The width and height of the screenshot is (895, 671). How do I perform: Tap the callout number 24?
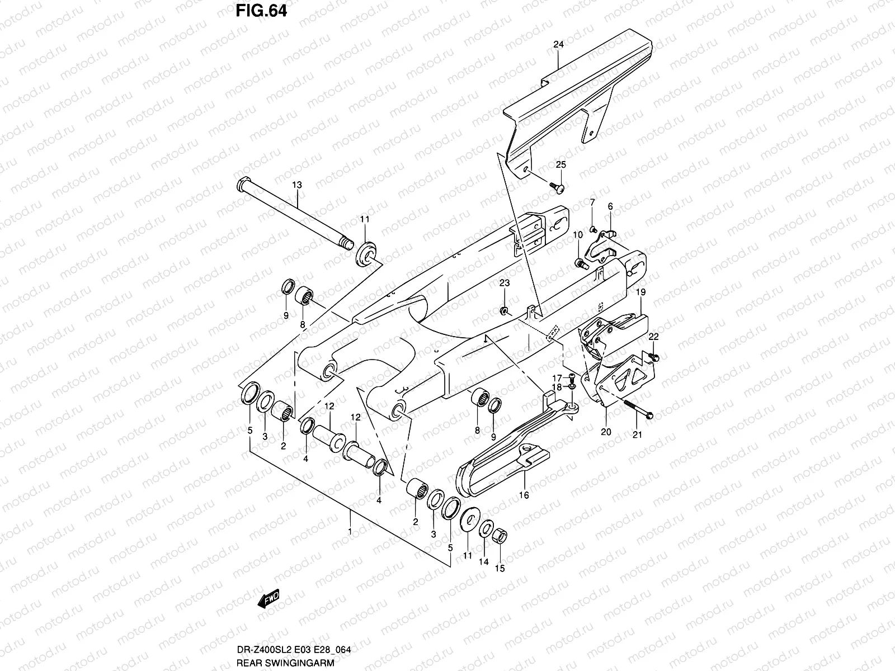pyautogui.click(x=558, y=44)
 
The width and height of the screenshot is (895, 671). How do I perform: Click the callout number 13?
pyautogui.click(x=296, y=184)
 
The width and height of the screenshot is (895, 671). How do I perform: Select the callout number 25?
pyautogui.click(x=560, y=164)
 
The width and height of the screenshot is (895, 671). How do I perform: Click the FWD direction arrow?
pyautogui.click(x=268, y=601)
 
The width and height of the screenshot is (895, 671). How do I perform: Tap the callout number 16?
pyautogui.click(x=524, y=495)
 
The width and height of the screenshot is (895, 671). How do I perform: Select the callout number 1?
pyautogui.click(x=350, y=532)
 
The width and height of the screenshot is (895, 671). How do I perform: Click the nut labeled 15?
pyautogui.click(x=502, y=537)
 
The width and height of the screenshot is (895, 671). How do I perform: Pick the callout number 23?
pyautogui.click(x=505, y=284)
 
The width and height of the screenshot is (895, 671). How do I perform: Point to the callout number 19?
pyautogui.click(x=641, y=292)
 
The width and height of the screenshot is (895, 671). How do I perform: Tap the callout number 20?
pyautogui.click(x=606, y=432)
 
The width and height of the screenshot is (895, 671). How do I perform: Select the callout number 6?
pyautogui.click(x=610, y=206)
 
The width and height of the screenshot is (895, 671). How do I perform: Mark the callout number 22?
pyautogui.click(x=653, y=337)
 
